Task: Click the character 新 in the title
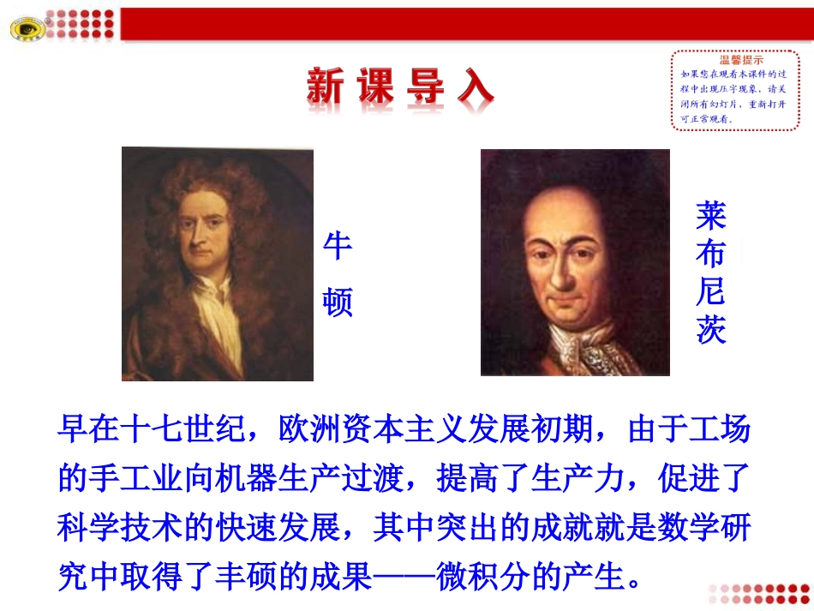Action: pos(331,87)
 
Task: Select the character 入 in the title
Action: pos(475,87)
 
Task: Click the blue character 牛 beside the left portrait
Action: pos(337,247)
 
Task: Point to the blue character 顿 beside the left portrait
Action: pos(337,303)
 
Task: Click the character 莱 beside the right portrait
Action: pos(710,215)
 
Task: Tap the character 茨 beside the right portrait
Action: pos(710,330)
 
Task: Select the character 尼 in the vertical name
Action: pos(710,292)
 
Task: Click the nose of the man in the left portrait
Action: pos(199,242)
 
